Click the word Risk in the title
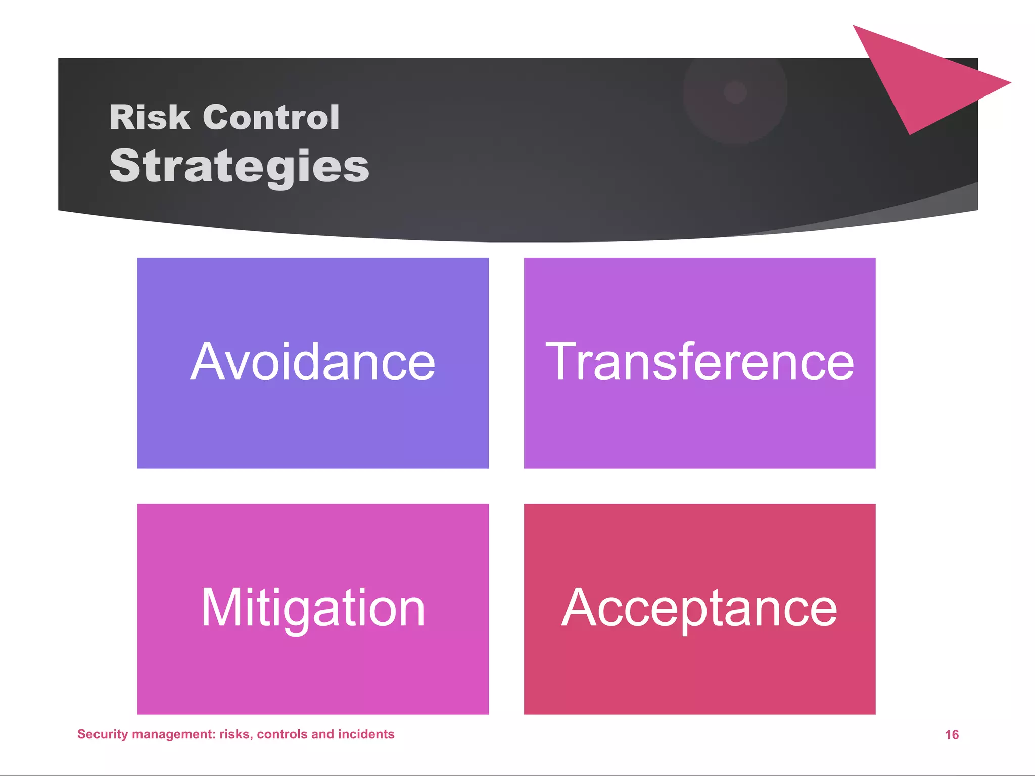(x=150, y=117)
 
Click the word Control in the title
(x=271, y=117)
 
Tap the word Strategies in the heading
(x=239, y=167)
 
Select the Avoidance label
(x=313, y=362)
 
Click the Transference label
(x=699, y=362)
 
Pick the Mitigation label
(x=313, y=608)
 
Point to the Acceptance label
(x=699, y=608)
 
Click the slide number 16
(x=952, y=735)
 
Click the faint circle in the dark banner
(x=735, y=92)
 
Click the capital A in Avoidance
(x=206, y=362)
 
